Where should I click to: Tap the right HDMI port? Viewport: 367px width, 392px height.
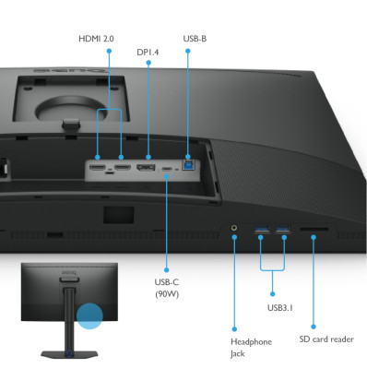tap(121, 169)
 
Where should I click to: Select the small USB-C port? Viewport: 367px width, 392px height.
tap(167, 170)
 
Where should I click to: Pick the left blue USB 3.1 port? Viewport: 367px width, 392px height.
tap(261, 228)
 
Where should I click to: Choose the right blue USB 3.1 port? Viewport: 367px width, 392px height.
tap(282, 228)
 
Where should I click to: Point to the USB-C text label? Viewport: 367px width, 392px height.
tap(168, 281)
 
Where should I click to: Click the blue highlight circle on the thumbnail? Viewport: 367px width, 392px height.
tap(91, 315)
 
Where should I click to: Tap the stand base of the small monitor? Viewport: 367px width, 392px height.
tap(66, 352)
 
